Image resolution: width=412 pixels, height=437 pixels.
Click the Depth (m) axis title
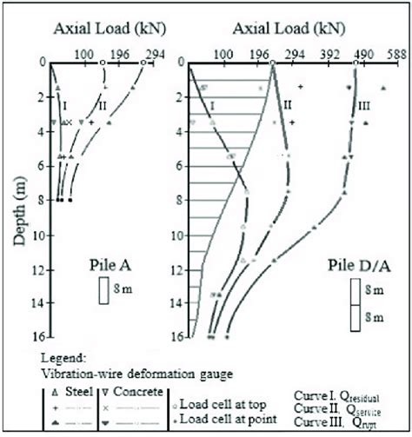(18, 199)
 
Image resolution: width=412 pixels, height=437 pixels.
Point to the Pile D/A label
(356, 262)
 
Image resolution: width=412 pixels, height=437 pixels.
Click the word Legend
(63, 356)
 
